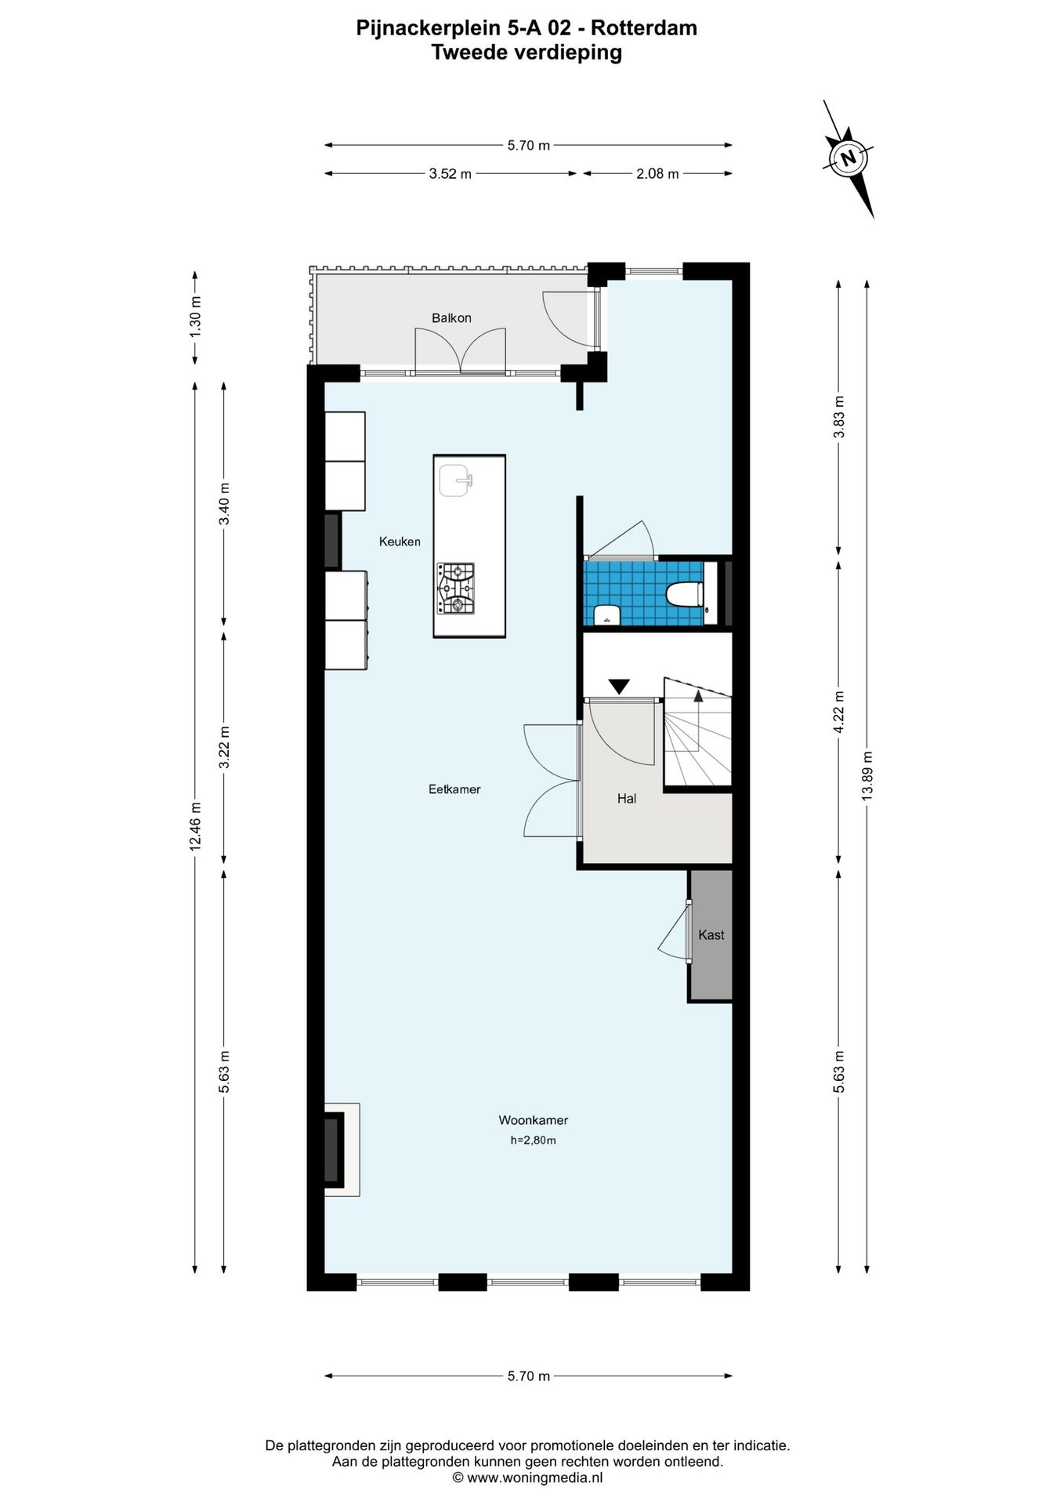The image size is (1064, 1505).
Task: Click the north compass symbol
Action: (x=848, y=158)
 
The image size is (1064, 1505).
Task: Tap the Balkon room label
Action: (x=451, y=317)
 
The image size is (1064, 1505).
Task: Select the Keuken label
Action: (x=400, y=541)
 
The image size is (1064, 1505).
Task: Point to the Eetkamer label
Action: (x=454, y=789)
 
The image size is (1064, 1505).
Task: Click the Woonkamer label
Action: (x=534, y=1120)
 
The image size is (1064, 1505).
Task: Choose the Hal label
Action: (x=627, y=798)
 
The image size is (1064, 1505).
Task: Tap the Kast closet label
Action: (x=711, y=934)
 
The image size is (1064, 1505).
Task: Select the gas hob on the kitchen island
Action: (x=455, y=589)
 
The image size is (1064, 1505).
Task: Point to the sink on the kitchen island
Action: (x=454, y=481)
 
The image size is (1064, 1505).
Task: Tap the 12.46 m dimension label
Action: (x=195, y=826)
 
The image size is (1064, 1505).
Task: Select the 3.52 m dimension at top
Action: (x=451, y=173)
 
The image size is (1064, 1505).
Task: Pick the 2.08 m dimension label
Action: (x=657, y=173)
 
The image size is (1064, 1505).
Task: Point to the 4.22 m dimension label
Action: (x=838, y=713)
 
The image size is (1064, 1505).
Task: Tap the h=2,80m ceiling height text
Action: (x=533, y=1140)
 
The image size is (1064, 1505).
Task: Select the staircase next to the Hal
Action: (x=698, y=732)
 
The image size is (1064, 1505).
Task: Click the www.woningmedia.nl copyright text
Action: (x=527, y=1478)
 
